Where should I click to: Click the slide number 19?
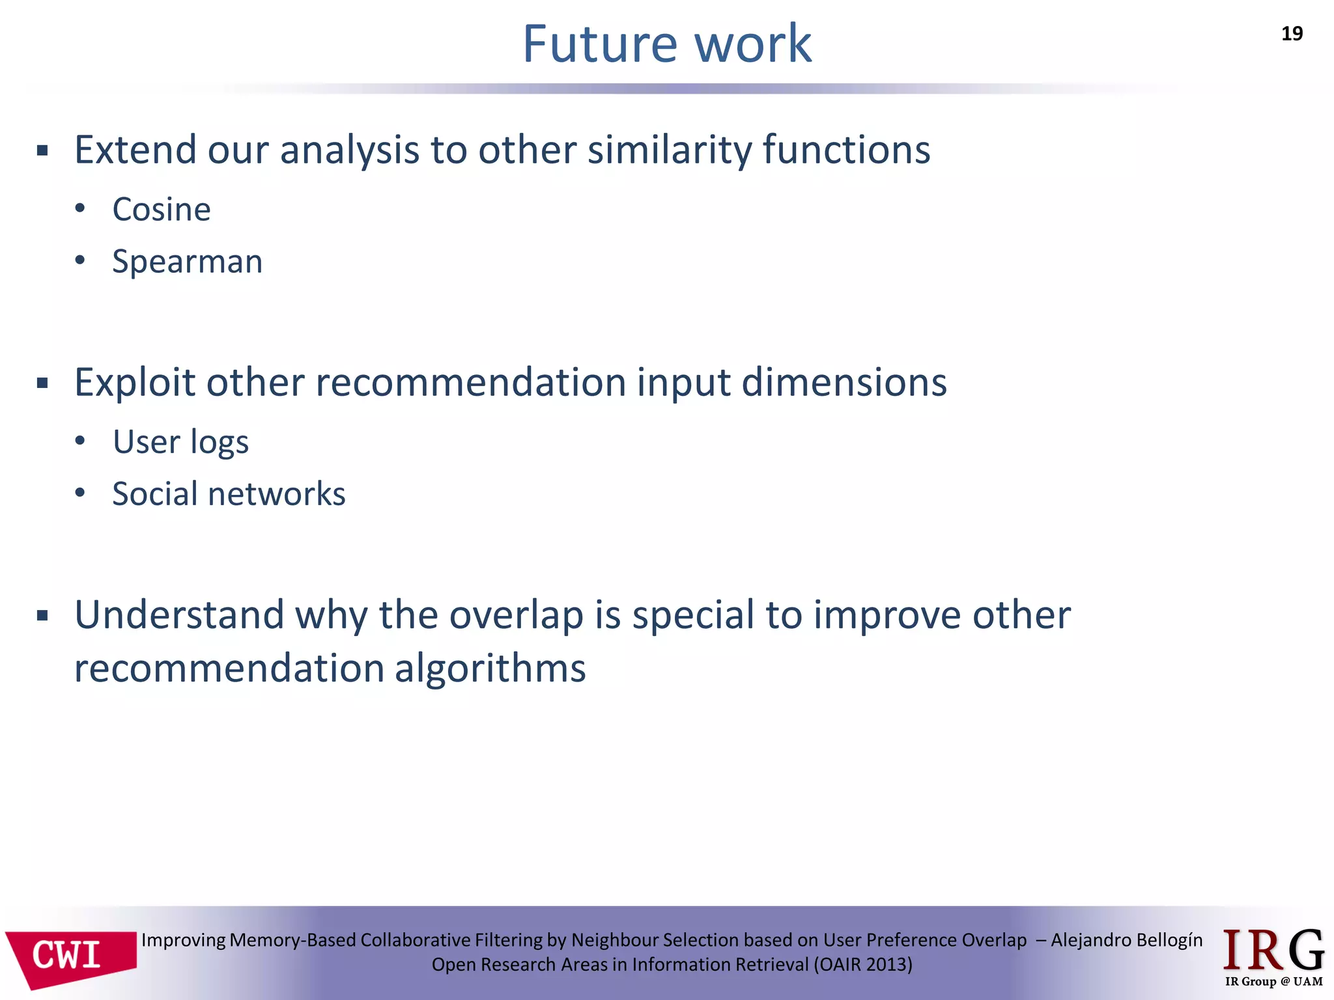point(1291,33)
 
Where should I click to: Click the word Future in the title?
point(600,44)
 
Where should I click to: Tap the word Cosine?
point(162,210)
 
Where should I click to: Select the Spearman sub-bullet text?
point(187,262)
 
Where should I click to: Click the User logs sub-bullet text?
point(180,442)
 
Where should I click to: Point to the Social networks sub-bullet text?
point(229,494)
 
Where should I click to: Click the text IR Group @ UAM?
point(1273,982)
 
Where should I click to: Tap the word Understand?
point(179,615)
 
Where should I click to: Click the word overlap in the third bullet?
point(516,615)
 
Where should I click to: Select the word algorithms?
point(490,669)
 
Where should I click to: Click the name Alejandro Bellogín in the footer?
point(1127,940)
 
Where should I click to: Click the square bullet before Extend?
point(43,152)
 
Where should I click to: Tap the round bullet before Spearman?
point(80,260)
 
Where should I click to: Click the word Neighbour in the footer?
point(614,940)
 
